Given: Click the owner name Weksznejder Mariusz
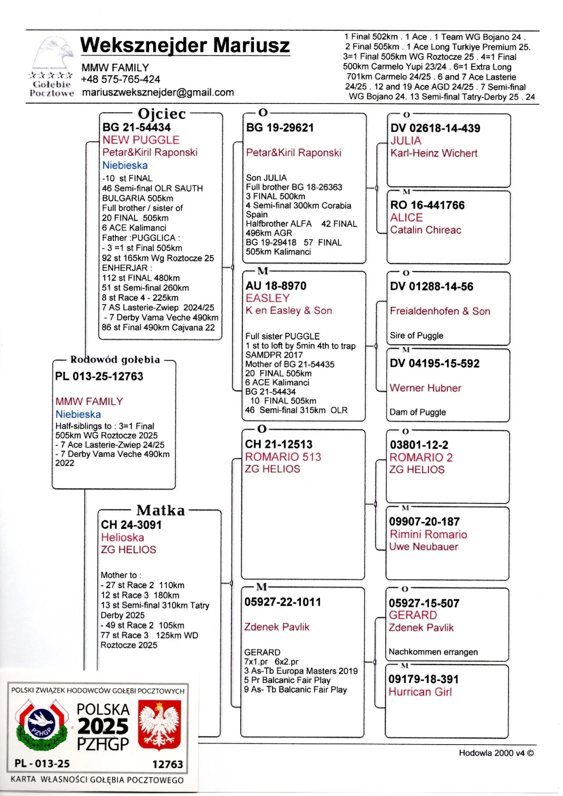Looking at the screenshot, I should [x=185, y=45].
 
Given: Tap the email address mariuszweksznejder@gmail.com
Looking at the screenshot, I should [x=158, y=92].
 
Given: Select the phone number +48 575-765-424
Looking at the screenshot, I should [x=120, y=79].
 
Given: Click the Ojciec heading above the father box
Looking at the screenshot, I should [x=162, y=114].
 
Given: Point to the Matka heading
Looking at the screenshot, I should [x=160, y=510].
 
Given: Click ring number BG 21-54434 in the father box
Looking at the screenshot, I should [x=136, y=127].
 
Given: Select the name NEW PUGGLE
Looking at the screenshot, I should [x=141, y=140].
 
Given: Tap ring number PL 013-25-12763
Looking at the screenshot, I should [x=99, y=376].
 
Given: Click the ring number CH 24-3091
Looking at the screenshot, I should [x=131, y=525].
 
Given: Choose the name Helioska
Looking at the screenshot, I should [x=123, y=537].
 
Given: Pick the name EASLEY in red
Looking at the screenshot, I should [x=267, y=298].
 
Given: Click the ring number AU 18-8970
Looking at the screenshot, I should [x=276, y=286].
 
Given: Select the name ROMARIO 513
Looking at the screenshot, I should [x=283, y=457].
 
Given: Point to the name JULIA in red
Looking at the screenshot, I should [x=405, y=140].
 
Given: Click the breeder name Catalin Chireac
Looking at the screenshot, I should [x=425, y=230].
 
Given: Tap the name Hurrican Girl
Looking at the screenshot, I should [x=420, y=692].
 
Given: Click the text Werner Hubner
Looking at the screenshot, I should [x=425, y=388].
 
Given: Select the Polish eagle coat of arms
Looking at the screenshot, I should [x=159, y=725].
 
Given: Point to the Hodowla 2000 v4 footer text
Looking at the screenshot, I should [x=496, y=753].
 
